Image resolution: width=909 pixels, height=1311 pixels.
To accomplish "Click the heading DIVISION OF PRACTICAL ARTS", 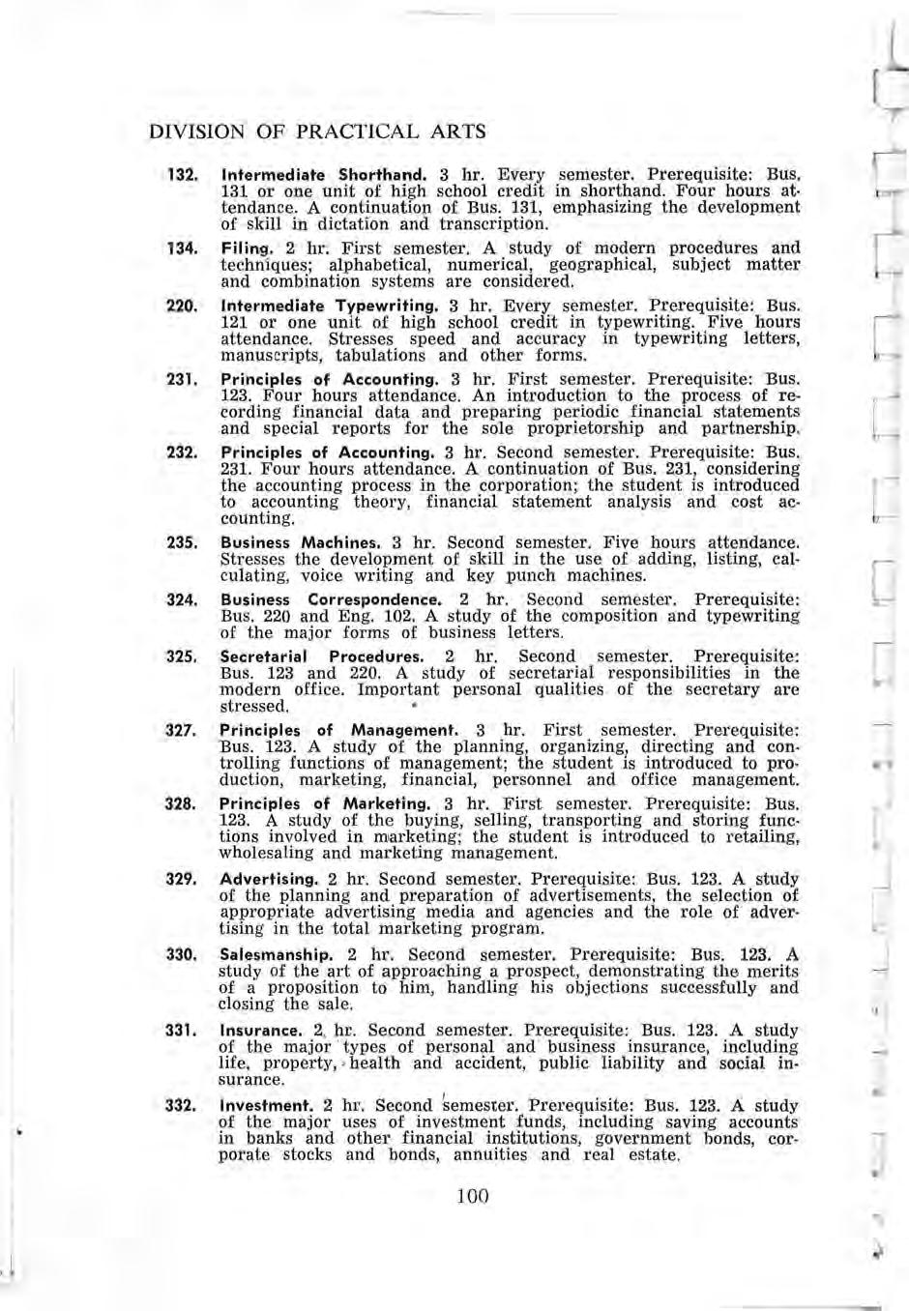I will [x=317, y=131].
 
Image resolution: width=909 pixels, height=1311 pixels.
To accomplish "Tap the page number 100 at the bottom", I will [x=472, y=1196].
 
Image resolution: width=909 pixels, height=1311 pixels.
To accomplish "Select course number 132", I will [x=183, y=177].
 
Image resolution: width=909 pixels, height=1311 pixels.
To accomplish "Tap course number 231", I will [x=183, y=380].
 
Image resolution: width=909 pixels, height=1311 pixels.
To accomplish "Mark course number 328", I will [x=183, y=803].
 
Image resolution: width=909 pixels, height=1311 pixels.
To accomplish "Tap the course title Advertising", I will [x=269, y=879].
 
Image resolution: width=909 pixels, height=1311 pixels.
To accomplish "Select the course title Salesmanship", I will [x=276, y=954].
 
